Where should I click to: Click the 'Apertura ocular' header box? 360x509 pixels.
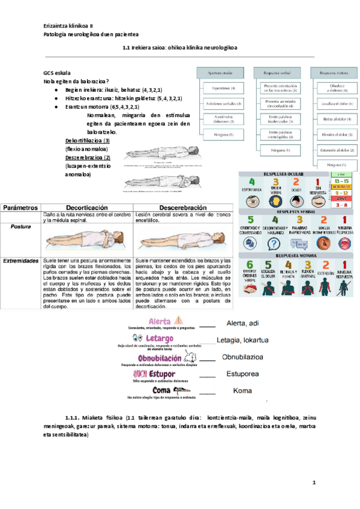click(x=220, y=72)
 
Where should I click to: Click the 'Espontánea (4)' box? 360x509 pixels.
click(x=220, y=89)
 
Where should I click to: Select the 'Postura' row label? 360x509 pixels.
click(x=20, y=227)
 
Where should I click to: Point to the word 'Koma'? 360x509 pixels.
click(x=242, y=391)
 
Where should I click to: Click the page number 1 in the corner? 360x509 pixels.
click(x=313, y=483)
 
